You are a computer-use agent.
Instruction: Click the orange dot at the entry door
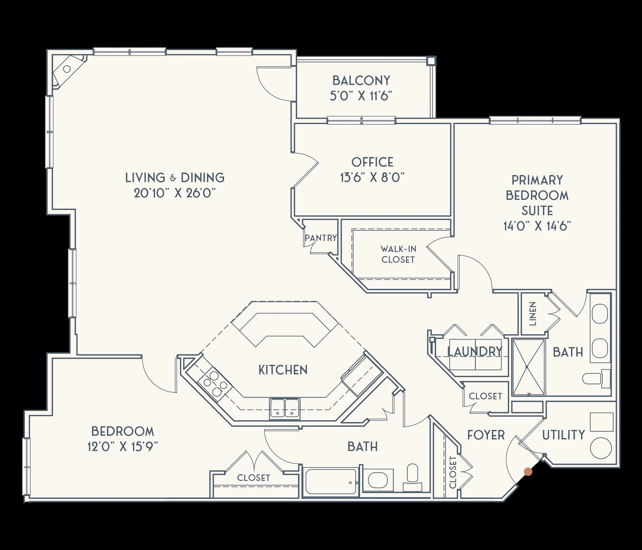[528, 472]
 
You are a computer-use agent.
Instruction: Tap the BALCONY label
[361, 81]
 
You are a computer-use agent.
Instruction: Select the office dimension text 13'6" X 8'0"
[372, 178]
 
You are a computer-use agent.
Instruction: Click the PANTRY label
[320, 238]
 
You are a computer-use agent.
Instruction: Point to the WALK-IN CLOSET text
[398, 254]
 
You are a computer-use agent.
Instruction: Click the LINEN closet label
[533, 314]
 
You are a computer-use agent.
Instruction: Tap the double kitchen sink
[285, 408]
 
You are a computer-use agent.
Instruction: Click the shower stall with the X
[528, 367]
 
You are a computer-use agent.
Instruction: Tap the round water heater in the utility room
[601, 448]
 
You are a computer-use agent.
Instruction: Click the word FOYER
[486, 435]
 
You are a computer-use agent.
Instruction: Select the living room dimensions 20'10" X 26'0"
[175, 193]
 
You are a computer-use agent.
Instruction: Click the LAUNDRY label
[475, 352]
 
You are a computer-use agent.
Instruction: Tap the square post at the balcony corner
[431, 61]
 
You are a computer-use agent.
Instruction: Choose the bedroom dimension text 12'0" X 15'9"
[122, 447]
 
